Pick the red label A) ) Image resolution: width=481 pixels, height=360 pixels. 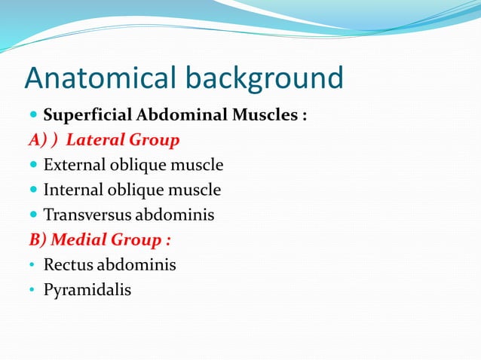(43, 141)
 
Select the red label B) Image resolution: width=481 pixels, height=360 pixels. (37, 240)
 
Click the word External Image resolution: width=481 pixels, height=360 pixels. (75, 165)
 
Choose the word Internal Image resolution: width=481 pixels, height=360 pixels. (73, 190)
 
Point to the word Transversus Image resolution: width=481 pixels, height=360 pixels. (87, 215)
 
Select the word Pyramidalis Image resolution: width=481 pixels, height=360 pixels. (87, 290)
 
